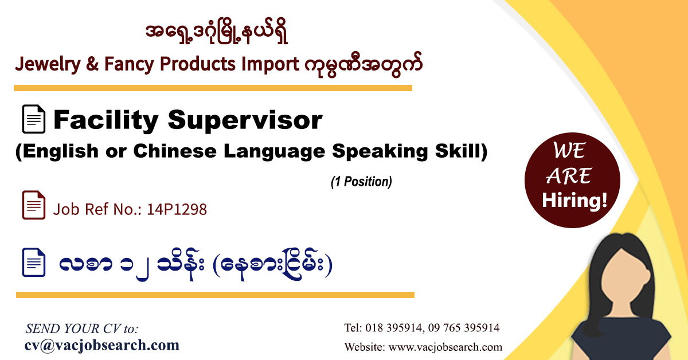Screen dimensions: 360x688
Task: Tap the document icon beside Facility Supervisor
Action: pos(33,120)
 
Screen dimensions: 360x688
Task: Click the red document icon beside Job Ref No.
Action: pos(33,205)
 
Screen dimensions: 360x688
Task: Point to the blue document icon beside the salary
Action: pos(33,263)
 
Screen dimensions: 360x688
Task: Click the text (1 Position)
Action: pos(361,182)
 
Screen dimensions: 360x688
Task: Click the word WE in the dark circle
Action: pos(569,151)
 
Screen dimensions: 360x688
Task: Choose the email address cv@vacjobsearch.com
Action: pos(102,345)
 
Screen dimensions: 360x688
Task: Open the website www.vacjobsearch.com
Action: pos(445,347)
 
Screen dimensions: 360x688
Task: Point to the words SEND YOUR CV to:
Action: pos(82,328)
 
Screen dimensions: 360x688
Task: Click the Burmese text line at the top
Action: pos(217,34)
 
